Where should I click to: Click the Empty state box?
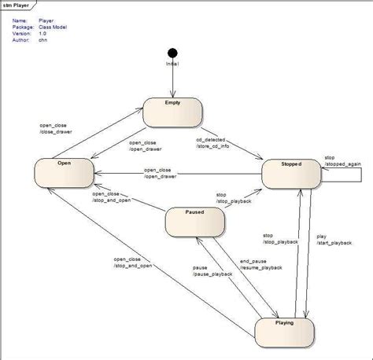(x=173, y=112)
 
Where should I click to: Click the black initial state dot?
(x=172, y=53)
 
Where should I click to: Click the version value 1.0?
(x=42, y=34)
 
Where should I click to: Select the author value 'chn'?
(x=42, y=41)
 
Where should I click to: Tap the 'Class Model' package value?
(x=52, y=27)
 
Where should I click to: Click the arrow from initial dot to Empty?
(x=172, y=79)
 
